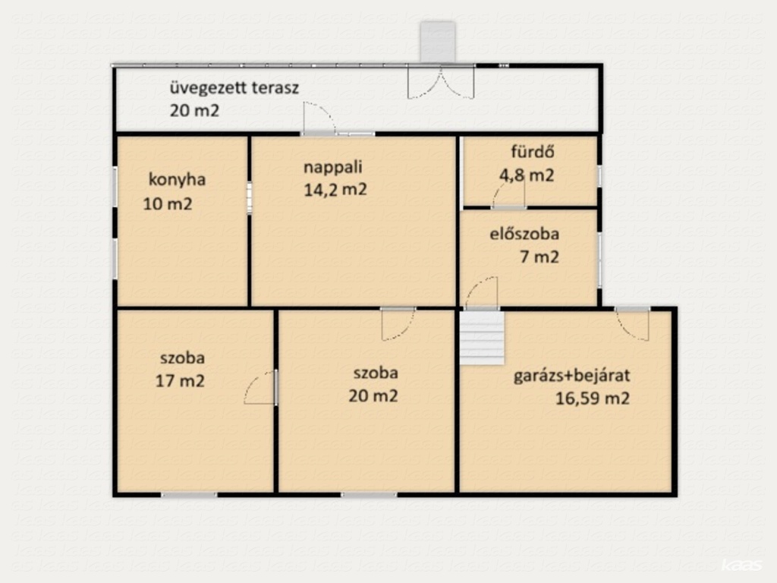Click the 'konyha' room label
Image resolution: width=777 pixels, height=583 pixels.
coord(177,179)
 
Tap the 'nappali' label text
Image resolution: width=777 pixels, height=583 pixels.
coord(332,167)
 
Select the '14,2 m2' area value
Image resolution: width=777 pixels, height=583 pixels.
coord(335,190)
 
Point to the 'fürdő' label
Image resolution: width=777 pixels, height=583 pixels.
coord(533,151)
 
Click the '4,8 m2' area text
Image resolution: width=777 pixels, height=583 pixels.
coord(527,175)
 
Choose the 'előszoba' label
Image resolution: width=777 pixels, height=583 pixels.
coord(524,234)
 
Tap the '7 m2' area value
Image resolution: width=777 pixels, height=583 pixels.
coord(539,257)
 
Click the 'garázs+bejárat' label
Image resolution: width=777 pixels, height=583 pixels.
coord(572,376)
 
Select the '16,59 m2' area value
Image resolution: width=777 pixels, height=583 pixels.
coord(593,399)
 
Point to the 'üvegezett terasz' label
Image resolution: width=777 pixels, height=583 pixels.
coord(234,88)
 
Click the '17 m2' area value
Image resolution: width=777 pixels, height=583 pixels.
coord(180,381)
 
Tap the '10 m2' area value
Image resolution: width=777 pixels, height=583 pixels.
coord(168,203)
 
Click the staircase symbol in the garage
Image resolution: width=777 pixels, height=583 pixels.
coord(482,338)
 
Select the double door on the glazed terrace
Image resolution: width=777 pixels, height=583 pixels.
coord(441,83)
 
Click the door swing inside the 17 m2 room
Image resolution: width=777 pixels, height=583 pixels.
coord(259,388)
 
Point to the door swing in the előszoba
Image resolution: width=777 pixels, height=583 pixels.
coord(481,292)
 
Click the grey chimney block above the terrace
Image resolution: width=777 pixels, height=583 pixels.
coord(438,43)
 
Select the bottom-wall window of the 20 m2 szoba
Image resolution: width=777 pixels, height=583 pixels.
coord(368,494)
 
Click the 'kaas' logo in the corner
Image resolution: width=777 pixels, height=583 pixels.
coord(741,566)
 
